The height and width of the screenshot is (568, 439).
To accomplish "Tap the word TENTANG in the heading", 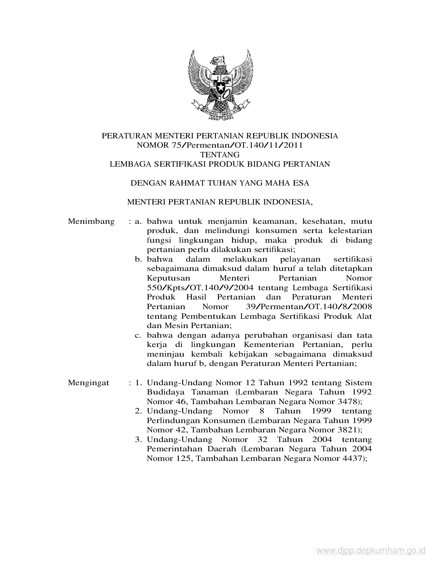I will click(x=220, y=155).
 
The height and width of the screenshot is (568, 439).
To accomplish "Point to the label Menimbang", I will click(x=91, y=221).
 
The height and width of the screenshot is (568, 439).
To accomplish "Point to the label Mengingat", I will click(x=88, y=383).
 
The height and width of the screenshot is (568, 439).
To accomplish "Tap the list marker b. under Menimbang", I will click(x=139, y=259).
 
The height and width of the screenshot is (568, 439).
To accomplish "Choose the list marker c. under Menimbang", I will click(x=139, y=335).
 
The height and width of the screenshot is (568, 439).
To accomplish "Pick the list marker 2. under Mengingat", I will click(x=139, y=411).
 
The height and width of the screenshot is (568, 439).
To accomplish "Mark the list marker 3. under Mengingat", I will click(x=139, y=440).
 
